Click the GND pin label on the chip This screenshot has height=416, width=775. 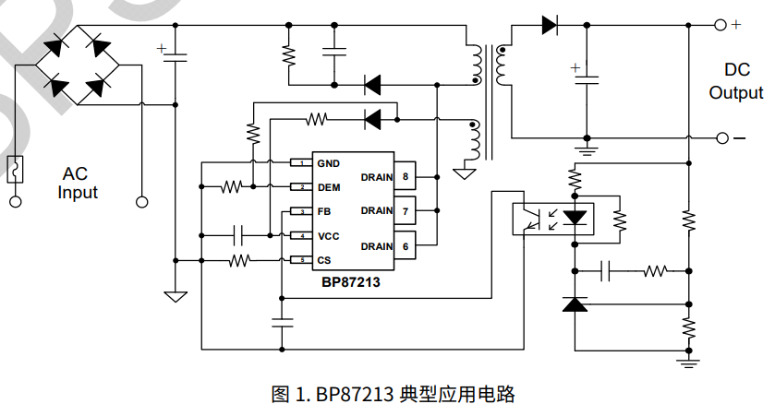[328, 163]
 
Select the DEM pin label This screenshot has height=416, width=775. [328, 187]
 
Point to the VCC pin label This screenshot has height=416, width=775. [328, 236]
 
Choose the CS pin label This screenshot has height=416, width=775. [323, 260]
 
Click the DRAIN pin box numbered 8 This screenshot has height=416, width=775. [406, 175]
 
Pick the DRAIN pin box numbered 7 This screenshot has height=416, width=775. [406, 211]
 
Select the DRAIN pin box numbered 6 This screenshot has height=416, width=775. [406, 246]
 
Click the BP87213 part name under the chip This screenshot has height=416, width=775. [351, 282]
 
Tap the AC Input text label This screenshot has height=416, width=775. [77, 184]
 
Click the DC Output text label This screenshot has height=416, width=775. [736, 82]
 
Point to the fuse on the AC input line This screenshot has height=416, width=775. [16, 170]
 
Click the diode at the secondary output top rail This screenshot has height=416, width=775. [551, 25]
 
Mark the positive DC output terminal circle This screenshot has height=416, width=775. [721, 25]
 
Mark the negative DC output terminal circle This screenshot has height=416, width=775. [721, 138]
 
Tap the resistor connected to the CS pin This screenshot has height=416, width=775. [239, 260]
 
